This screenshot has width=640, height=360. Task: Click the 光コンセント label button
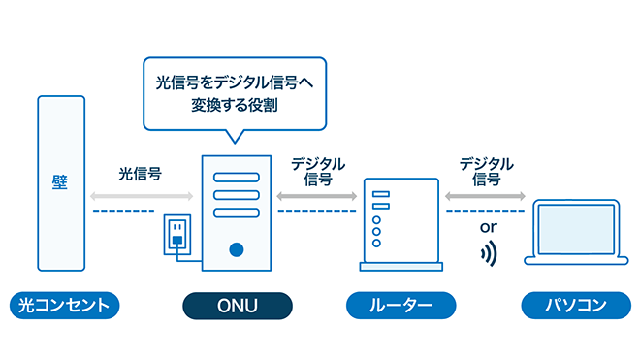[x=66, y=306]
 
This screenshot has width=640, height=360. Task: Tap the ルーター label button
[x=401, y=306]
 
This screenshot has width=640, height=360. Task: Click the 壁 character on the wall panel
[x=60, y=182]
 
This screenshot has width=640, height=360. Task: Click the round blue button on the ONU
[x=236, y=249]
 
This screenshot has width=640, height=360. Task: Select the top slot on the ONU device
[x=236, y=179]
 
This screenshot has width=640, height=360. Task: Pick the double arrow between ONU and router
[x=316, y=195]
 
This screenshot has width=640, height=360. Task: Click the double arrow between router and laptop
[x=485, y=195]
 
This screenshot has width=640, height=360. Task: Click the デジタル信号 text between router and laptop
[x=486, y=172]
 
